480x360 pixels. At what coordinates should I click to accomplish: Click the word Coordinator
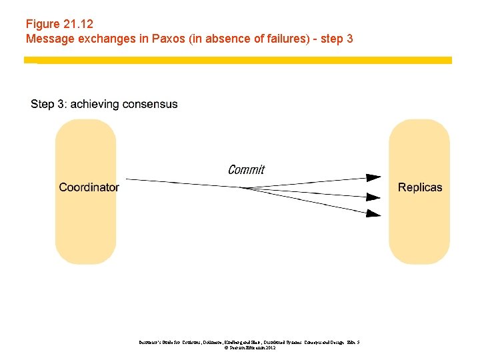(89, 187)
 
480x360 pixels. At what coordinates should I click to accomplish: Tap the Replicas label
(419, 187)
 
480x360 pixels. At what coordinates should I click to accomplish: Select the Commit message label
(246, 169)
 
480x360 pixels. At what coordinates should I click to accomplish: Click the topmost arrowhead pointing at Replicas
(374, 178)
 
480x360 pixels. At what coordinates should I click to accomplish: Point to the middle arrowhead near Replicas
(374, 197)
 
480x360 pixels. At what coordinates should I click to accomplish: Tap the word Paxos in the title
(169, 39)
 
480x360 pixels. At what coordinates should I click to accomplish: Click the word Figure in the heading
(43, 25)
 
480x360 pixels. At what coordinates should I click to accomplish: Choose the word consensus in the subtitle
(149, 104)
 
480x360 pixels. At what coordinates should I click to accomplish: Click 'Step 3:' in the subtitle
(49, 104)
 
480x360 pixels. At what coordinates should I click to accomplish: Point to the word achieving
(95, 104)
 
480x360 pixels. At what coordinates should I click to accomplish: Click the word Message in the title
(47, 39)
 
